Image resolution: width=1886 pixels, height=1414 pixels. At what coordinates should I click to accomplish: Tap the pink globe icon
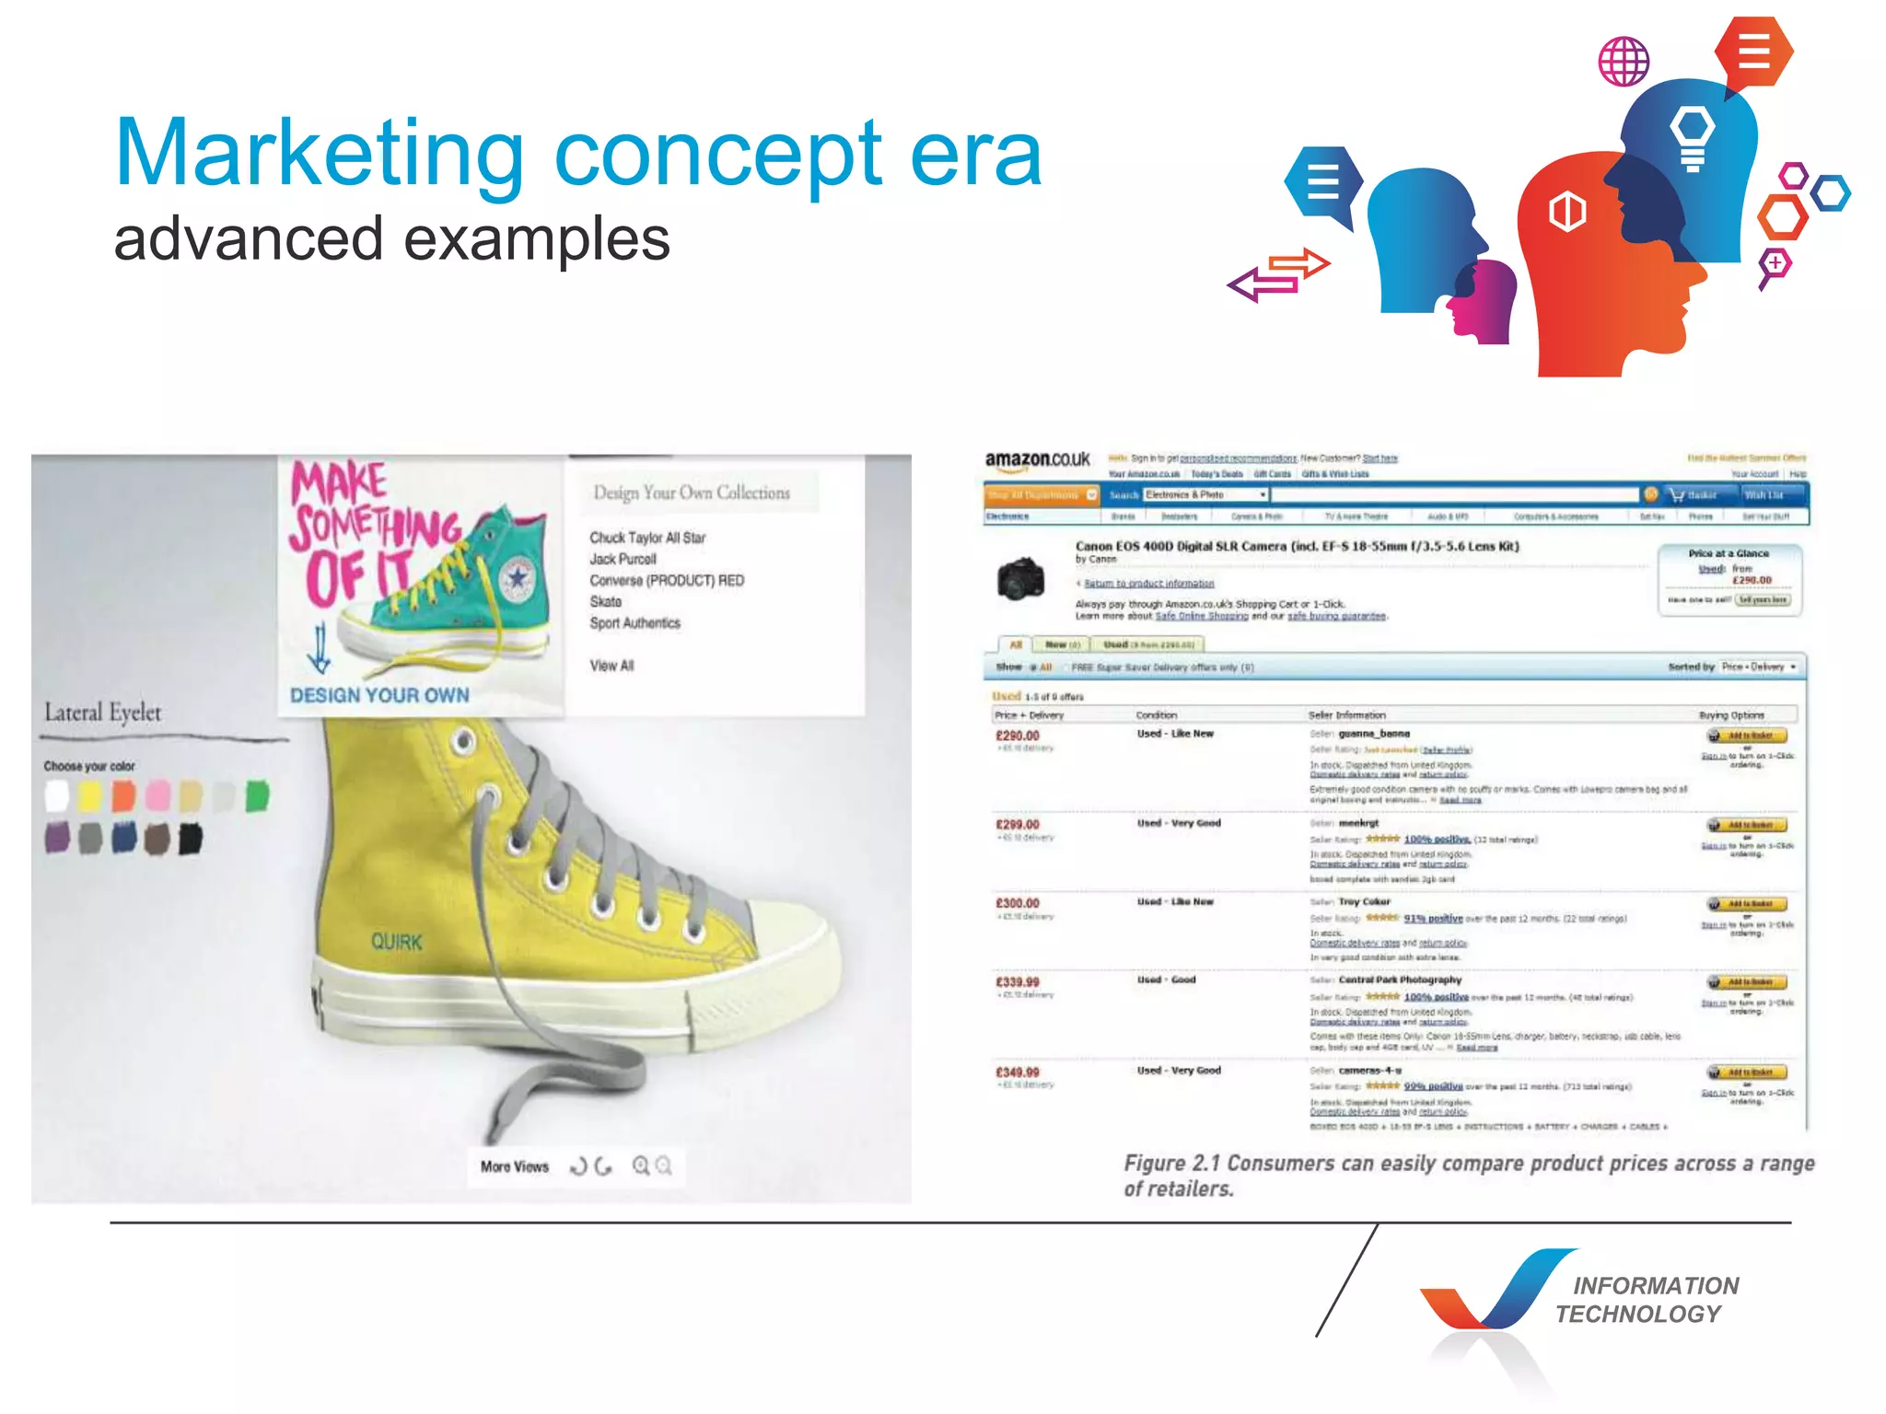[1624, 62]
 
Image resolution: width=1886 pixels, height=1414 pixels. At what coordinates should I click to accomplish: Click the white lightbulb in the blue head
[1693, 136]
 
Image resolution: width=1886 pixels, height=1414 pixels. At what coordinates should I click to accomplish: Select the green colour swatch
[258, 795]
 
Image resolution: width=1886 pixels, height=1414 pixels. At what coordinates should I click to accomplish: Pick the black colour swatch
[191, 839]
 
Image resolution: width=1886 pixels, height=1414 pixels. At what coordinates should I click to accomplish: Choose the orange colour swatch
[123, 795]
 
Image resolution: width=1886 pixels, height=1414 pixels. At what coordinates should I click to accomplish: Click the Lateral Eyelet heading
[103, 713]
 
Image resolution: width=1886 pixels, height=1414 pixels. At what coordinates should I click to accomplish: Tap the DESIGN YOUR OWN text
[379, 695]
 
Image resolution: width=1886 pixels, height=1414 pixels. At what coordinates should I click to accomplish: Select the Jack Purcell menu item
[623, 559]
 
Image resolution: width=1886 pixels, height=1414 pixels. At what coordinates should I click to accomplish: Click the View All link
[612, 666]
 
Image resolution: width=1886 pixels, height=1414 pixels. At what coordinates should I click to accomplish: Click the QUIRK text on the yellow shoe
[397, 942]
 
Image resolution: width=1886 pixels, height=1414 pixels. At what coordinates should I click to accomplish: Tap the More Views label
[514, 1167]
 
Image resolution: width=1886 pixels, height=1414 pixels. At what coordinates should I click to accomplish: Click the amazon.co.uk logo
[1037, 459]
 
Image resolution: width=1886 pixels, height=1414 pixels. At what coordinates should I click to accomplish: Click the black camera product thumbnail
[1020, 579]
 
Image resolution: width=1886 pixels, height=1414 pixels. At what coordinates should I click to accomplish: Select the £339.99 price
[1018, 982]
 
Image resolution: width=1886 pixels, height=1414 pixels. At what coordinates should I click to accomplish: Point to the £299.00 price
[1018, 825]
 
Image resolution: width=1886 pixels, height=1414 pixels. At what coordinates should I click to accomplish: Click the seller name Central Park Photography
[1400, 980]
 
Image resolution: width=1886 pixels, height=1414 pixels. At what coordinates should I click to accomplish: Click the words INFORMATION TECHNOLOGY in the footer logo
[1647, 1300]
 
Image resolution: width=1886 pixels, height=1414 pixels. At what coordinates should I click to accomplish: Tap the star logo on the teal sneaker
[518, 578]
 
